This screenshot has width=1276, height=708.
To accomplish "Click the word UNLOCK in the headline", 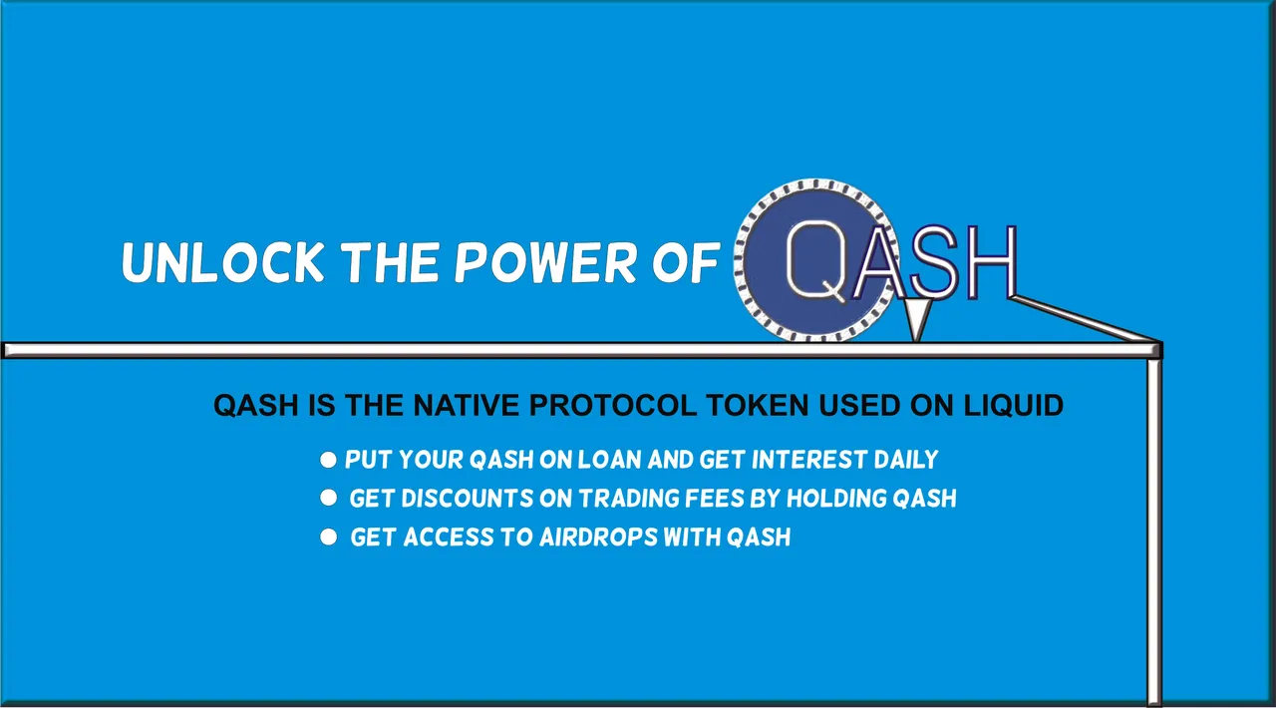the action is pos(223,262).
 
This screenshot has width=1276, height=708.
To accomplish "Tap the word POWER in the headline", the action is pos(545,262).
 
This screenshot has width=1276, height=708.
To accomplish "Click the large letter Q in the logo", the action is pos(815,260).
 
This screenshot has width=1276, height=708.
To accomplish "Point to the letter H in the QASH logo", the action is pos(991,261).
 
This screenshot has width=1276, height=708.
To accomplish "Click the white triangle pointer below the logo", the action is pos(916,319).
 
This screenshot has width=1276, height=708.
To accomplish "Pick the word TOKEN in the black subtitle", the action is pos(757,405).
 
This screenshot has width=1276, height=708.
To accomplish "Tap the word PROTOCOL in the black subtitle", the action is pos(612,405).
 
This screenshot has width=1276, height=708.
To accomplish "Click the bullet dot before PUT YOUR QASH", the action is pos(328,460).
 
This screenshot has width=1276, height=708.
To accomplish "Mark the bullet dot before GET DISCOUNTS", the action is pos(328,498).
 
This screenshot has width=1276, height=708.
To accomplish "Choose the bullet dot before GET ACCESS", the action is pos(328,537).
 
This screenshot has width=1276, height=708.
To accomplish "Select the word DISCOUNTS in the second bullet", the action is pos(468,499).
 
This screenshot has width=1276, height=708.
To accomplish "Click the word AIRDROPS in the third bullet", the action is pos(599,537).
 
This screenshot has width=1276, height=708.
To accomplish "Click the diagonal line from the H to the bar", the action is pos(1086,319).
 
